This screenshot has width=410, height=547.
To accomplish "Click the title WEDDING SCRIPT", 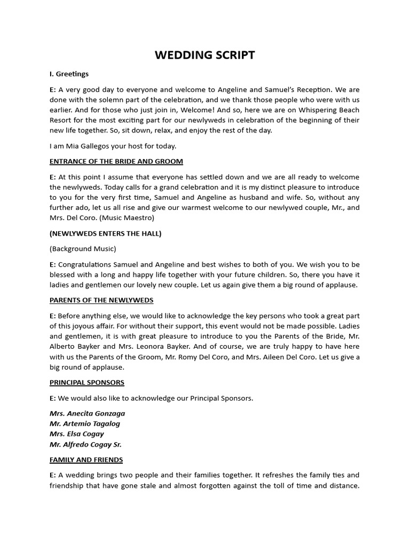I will click(x=204, y=55).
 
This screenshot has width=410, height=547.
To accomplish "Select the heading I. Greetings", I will click(x=69, y=74).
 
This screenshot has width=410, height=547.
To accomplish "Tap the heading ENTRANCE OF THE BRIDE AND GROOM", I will click(x=116, y=161).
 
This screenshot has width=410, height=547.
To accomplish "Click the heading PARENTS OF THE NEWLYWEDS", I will click(x=101, y=300).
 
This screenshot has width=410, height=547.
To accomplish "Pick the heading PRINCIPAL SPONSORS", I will click(x=86, y=382).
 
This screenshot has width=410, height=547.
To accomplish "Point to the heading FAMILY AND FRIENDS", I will click(x=86, y=459).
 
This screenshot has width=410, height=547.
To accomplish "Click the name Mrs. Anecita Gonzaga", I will click(x=87, y=413).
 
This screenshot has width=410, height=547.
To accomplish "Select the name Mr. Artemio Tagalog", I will click(x=84, y=424).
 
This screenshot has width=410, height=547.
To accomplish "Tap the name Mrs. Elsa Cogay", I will click(x=76, y=434).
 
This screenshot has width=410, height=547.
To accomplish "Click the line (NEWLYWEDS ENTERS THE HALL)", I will click(x=105, y=233).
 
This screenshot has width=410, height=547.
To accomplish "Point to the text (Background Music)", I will click(x=83, y=249).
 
